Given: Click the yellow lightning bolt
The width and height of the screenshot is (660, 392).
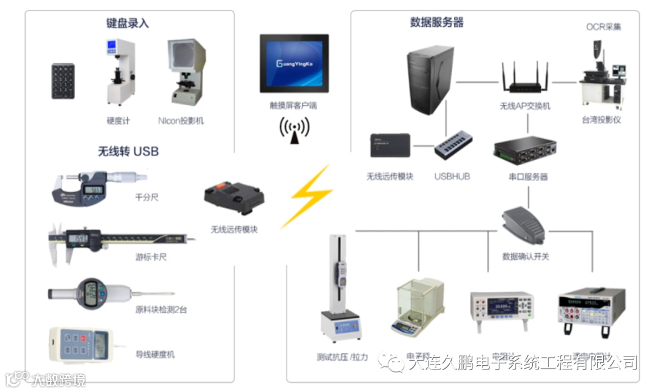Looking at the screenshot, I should click(310, 196).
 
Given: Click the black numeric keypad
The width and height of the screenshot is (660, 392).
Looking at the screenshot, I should click(63, 81).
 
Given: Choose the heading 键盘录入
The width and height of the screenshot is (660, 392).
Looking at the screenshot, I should click(127, 24).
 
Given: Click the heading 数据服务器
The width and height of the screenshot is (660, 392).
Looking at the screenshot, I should click(436, 23).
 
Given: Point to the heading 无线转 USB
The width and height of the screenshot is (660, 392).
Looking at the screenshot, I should click(128, 150).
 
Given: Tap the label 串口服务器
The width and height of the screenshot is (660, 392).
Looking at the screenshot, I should click(528, 177).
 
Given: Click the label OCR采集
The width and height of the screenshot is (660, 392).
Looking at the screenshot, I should click(603, 27).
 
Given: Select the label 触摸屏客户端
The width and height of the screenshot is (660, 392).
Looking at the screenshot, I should click(293, 105).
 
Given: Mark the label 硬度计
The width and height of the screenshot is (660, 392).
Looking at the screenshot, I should click(119, 120).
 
